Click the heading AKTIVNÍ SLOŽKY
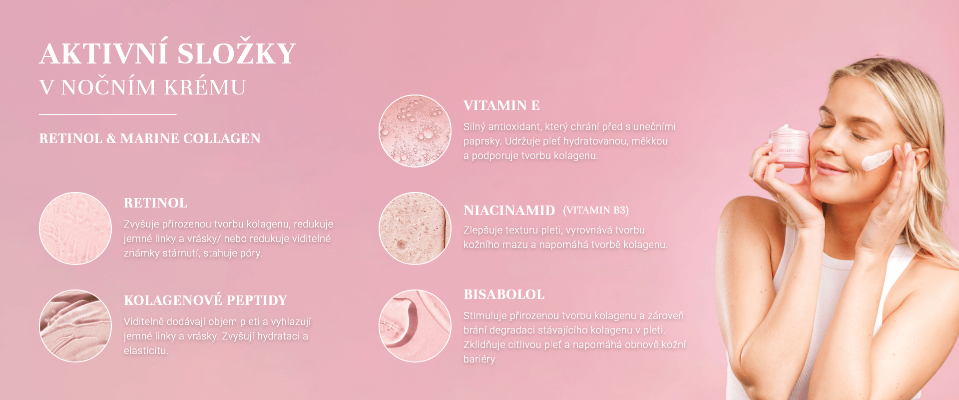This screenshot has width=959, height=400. click(x=168, y=53)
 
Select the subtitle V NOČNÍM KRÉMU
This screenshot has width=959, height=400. click(x=143, y=87)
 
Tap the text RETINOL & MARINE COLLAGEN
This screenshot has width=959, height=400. click(x=150, y=138)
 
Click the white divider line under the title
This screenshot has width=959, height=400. click(x=108, y=114)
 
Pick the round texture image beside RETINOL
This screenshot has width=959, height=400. click(x=75, y=228)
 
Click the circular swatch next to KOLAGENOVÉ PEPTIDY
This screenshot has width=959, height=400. click(x=75, y=326)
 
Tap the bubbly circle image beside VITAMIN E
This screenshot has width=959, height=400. click(x=415, y=131)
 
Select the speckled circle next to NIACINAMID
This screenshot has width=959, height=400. click(x=415, y=228)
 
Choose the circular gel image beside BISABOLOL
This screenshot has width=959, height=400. click(x=415, y=326)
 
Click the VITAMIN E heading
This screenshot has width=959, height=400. click(x=501, y=105)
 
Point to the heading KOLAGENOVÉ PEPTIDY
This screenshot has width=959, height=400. click(x=205, y=300)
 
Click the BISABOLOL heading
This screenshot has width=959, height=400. click(x=504, y=294)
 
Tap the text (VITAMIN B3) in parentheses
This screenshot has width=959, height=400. click(x=596, y=210)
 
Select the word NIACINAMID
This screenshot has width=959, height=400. click(x=509, y=210)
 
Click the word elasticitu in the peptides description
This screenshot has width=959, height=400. click(x=146, y=350)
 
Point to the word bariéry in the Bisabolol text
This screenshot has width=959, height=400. click(x=480, y=359)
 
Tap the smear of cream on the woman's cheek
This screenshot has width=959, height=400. click(x=877, y=160)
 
